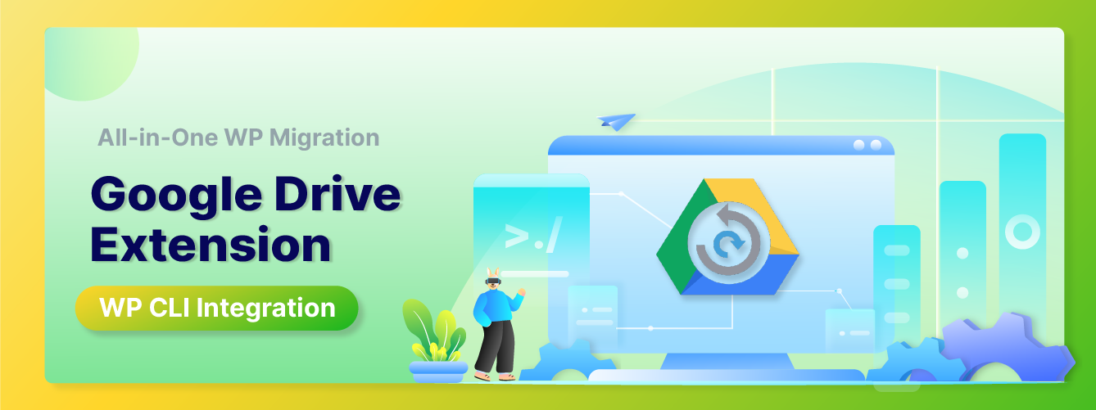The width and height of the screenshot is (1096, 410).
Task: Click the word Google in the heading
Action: (176, 196)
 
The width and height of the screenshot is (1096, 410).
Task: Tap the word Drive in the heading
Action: (337, 193)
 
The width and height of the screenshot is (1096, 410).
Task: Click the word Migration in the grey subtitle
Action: (324, 138)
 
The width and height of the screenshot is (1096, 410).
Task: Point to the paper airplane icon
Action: (616, 121)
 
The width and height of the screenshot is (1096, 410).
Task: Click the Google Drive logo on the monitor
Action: (727, 237)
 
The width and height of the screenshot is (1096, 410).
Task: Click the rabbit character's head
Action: (493, 279)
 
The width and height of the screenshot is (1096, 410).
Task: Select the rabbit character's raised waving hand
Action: (521, 292)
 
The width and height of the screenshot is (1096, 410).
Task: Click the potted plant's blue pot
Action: (438, 372)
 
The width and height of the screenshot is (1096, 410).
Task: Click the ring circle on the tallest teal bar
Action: (1022, 232)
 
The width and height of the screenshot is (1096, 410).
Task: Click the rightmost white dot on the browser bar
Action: (876, 145)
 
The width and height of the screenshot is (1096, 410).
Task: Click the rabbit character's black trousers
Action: (495, 346)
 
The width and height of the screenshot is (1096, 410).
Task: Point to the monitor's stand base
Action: (727, 375)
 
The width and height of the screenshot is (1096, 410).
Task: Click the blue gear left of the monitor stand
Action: (568, 362)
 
